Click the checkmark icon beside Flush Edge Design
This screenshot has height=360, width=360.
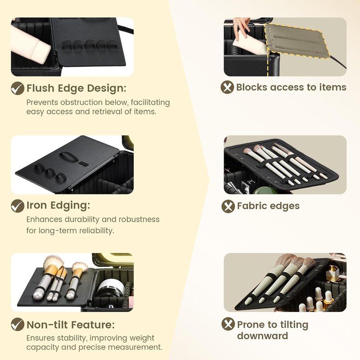(x=18, y=88)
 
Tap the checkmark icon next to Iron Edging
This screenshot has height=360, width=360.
(x=18, y=206)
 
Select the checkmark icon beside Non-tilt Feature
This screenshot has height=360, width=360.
(x=18, y=324)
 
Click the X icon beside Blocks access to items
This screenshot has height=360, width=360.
(x=227, y=87)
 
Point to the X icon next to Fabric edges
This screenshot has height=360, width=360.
(x=228, y=206)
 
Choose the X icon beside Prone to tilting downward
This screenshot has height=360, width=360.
(x=228, y=324)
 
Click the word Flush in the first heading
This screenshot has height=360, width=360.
(x=40, y=88)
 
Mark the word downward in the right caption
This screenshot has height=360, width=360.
(x=262, y=336)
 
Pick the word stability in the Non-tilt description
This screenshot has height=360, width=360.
(x=72, y=338)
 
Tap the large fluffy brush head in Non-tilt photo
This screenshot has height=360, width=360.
(x=53, y=262)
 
